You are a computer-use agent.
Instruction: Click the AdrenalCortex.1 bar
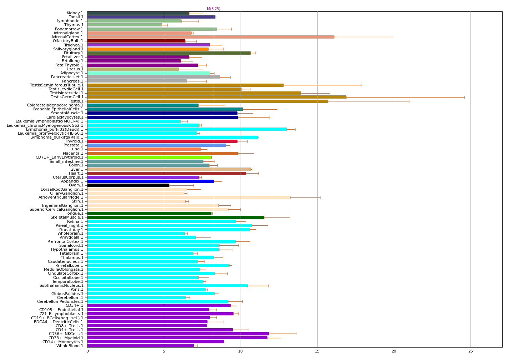point(211,37)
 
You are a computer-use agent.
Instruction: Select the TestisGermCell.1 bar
point(217,97)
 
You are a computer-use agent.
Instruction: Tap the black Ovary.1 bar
point(128,185)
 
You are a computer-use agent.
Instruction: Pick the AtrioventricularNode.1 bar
point(188,197)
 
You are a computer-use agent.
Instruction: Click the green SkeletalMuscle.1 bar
point(176,217)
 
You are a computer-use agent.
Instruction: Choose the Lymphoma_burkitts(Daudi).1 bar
point(187,129)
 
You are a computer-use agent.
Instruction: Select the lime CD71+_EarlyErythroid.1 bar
point(149,157)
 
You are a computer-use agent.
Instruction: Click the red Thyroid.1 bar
point(162,141)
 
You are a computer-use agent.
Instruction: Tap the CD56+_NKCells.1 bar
point(178,334)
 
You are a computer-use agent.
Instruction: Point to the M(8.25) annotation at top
point(213,9)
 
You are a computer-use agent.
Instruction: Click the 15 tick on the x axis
point(317,351)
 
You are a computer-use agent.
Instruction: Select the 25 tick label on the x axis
point(470,351)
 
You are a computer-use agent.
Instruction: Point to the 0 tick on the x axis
point(87,351)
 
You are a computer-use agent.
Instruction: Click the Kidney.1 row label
point(75,13)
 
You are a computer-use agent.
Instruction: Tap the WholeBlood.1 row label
point(70,346)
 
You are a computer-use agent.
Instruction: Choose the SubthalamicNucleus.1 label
point(61,285)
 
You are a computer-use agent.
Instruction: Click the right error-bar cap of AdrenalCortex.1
point(394,37)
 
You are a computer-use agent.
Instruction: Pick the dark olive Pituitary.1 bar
point(169,53)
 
